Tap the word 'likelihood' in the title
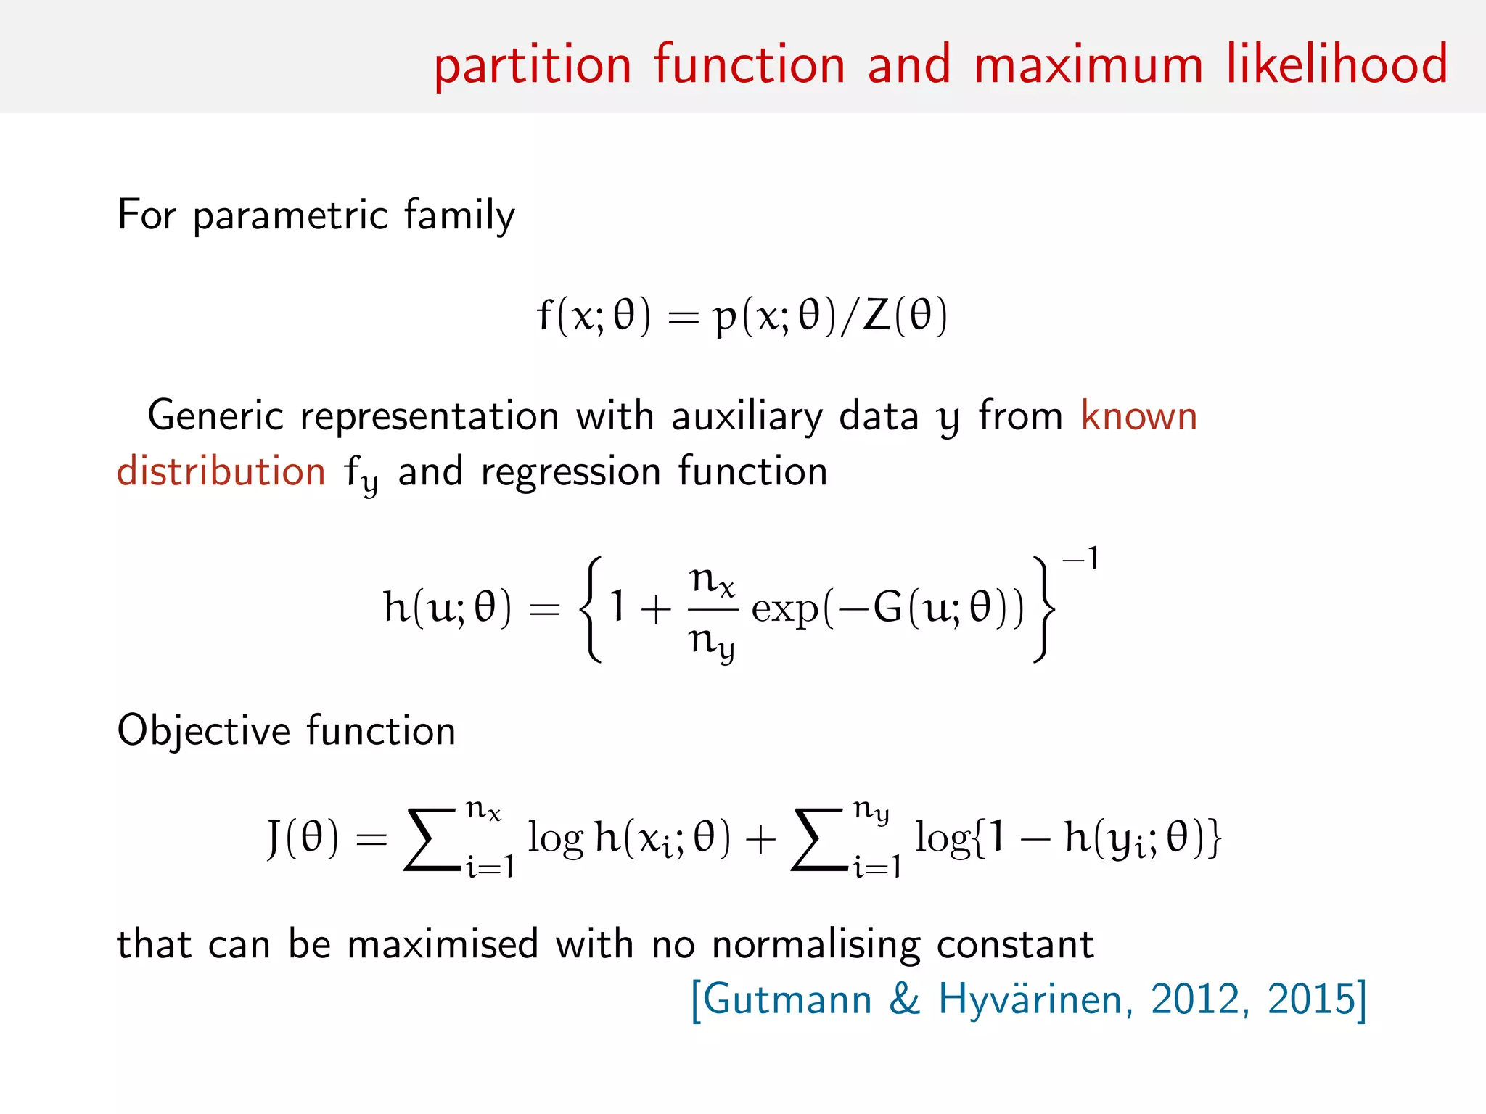[1337, 64]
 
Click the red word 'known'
[1138, 416]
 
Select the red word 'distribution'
[221, 471]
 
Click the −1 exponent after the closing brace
[1080, 559]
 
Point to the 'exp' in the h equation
[784, 609]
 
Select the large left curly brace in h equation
[591, 609]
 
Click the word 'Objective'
[202, 731]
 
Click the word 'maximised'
[443, 945]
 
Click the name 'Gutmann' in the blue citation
[787, 999]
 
